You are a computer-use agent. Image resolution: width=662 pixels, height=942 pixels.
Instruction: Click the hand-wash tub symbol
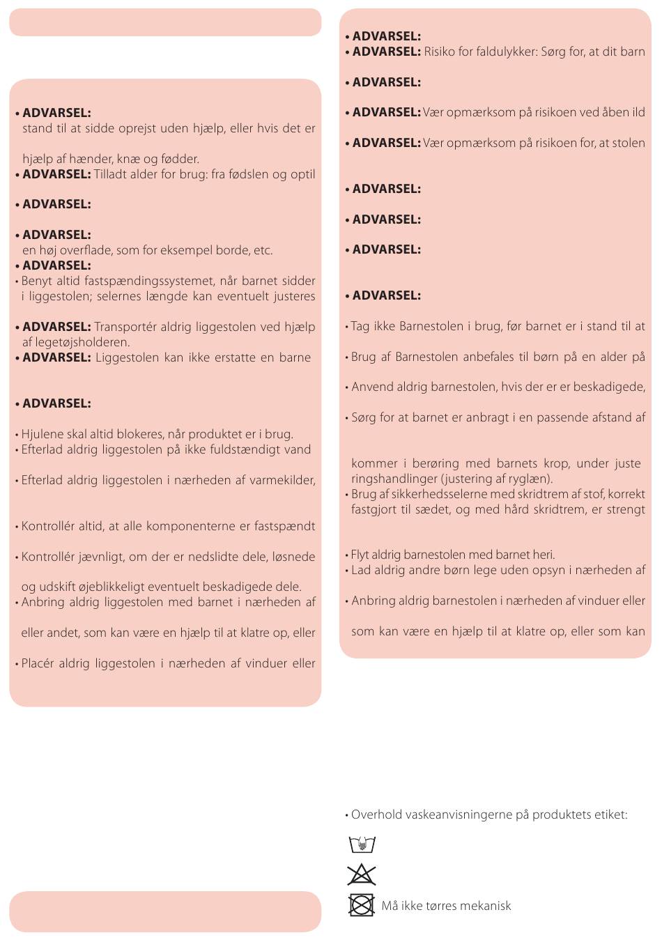tap(362, 844)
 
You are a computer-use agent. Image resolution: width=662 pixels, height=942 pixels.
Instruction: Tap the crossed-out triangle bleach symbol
tap(362, 874)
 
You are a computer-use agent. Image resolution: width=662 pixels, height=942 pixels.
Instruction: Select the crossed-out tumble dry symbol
tap(362, 905)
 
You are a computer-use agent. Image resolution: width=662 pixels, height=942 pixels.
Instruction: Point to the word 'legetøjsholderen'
tap(84, 342)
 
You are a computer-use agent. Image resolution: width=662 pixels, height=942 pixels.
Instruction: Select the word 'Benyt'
tap(38, 281)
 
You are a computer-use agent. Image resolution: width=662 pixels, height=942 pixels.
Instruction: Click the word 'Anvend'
tap(372, 387)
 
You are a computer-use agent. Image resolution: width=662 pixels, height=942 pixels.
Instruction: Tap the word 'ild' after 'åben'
tap(638, 112)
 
